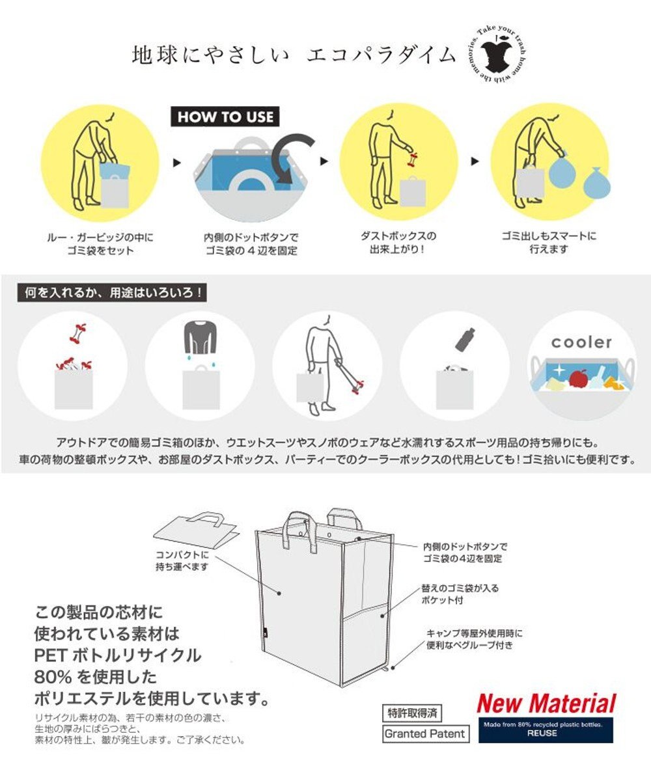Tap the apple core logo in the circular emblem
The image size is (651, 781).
coord(497,57)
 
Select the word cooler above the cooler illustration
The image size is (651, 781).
coord(581,342)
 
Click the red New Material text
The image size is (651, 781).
coord(546,704)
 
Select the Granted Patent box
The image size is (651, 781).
coord(424,734)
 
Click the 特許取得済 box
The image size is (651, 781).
coord(411,713)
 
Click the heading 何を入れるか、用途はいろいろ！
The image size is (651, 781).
coord(111,293)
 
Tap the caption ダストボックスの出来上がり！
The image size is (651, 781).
coord(398,242)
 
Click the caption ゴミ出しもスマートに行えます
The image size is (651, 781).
coord(549,242)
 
